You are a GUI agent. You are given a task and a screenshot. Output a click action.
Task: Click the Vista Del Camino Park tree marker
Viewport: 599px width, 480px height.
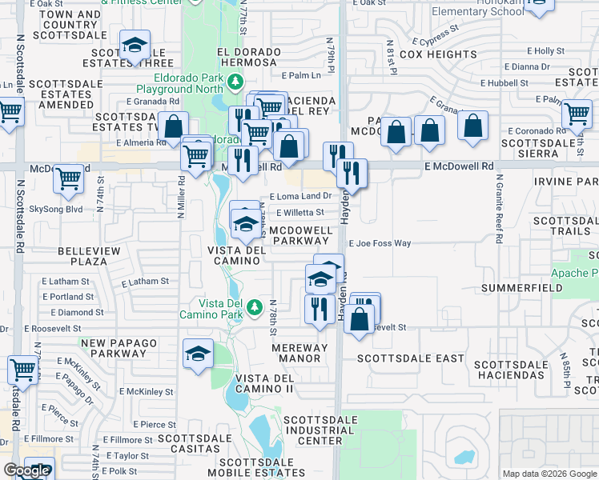click(x=255, y=306)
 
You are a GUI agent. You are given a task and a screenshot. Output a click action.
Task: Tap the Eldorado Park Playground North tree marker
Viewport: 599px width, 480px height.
click(x=235, y=81)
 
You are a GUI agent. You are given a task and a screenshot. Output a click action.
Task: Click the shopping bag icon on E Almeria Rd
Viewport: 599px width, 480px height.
click(x=173, y=126)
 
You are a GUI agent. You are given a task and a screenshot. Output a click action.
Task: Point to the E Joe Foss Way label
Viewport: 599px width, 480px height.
click(x=380, y=243)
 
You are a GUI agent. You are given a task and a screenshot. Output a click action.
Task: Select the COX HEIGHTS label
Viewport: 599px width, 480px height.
click(x=437, y=54)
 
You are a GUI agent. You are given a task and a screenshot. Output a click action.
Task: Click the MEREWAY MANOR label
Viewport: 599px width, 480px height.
click(x=299, y=353)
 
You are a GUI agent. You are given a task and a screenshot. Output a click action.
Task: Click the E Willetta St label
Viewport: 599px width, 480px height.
click(x=299, y=213)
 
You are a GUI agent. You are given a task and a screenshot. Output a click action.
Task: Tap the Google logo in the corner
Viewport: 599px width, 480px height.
click(x=26, y=470)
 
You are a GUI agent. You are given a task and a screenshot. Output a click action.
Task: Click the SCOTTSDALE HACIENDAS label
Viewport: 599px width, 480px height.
click(x=510, y=370)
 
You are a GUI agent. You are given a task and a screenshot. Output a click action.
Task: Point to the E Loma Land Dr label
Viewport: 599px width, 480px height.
click(x=300, y=196)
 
